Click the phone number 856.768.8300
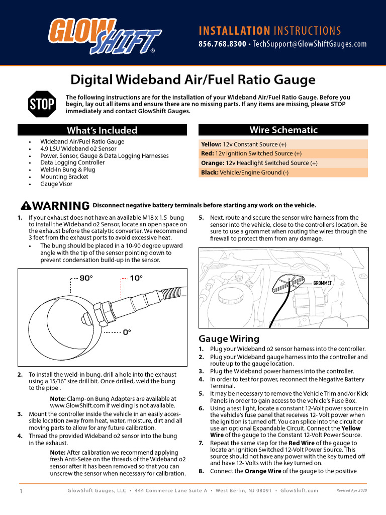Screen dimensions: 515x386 tap(222, 44)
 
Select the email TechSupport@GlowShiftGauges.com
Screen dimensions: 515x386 tap(310, 44)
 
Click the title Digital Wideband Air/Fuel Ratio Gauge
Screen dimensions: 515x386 tap(193, 79)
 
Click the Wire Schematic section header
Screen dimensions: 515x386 tap(283, 130)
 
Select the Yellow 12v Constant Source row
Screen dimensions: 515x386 tap(283, 144)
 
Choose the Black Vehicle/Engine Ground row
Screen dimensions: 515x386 tap(283, 173)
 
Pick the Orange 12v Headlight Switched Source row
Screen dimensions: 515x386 tap(283, 163)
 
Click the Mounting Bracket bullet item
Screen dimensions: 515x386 tap(64, 177)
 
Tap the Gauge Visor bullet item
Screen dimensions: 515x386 tap(56, 184)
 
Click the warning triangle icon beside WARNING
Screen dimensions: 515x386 tap(25, 206)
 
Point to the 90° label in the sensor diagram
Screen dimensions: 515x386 tap(86, 278)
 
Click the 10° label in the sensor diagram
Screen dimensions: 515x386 tap(136, 278)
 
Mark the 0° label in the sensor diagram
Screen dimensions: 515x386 tap(127, 332)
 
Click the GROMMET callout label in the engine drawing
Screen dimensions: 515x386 tap(323, 283)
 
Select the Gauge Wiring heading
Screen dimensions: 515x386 tap(229, 338)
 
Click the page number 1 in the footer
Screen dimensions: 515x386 tap(21, 490)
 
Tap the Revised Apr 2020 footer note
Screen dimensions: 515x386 tap(351, 490)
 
